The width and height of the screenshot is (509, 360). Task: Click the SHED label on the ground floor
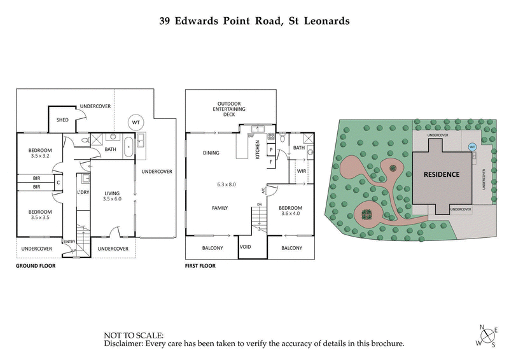62,119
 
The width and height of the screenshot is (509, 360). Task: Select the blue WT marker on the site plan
472,146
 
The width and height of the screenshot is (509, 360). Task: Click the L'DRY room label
82,192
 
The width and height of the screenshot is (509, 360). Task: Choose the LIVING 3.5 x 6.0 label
112,196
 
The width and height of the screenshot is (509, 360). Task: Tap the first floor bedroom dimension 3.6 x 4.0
290,214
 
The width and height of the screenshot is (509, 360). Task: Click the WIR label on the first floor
302,170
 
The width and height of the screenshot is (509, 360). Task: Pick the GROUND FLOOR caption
36,266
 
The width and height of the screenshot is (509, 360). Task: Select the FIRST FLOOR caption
200,266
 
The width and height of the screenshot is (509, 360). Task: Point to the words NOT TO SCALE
134,334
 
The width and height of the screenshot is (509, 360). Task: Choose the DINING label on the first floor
211,153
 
